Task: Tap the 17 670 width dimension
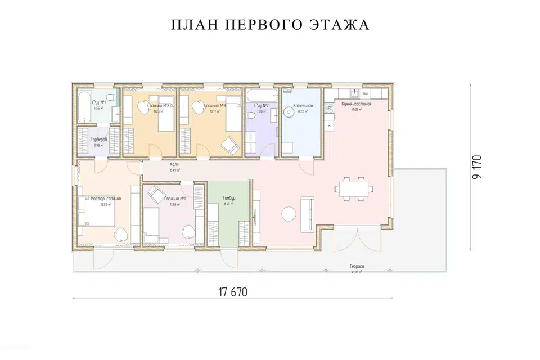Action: click(x=232, y=292)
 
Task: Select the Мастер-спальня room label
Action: click(x=106, y=199)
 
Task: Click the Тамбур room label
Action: click(x=228, y=199)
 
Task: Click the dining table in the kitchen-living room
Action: click(x=354, y=187)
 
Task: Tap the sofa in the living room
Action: click(x=308, y=214)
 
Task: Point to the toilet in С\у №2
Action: click(x=251, y=115)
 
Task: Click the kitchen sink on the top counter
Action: click(x=355, y=93)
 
